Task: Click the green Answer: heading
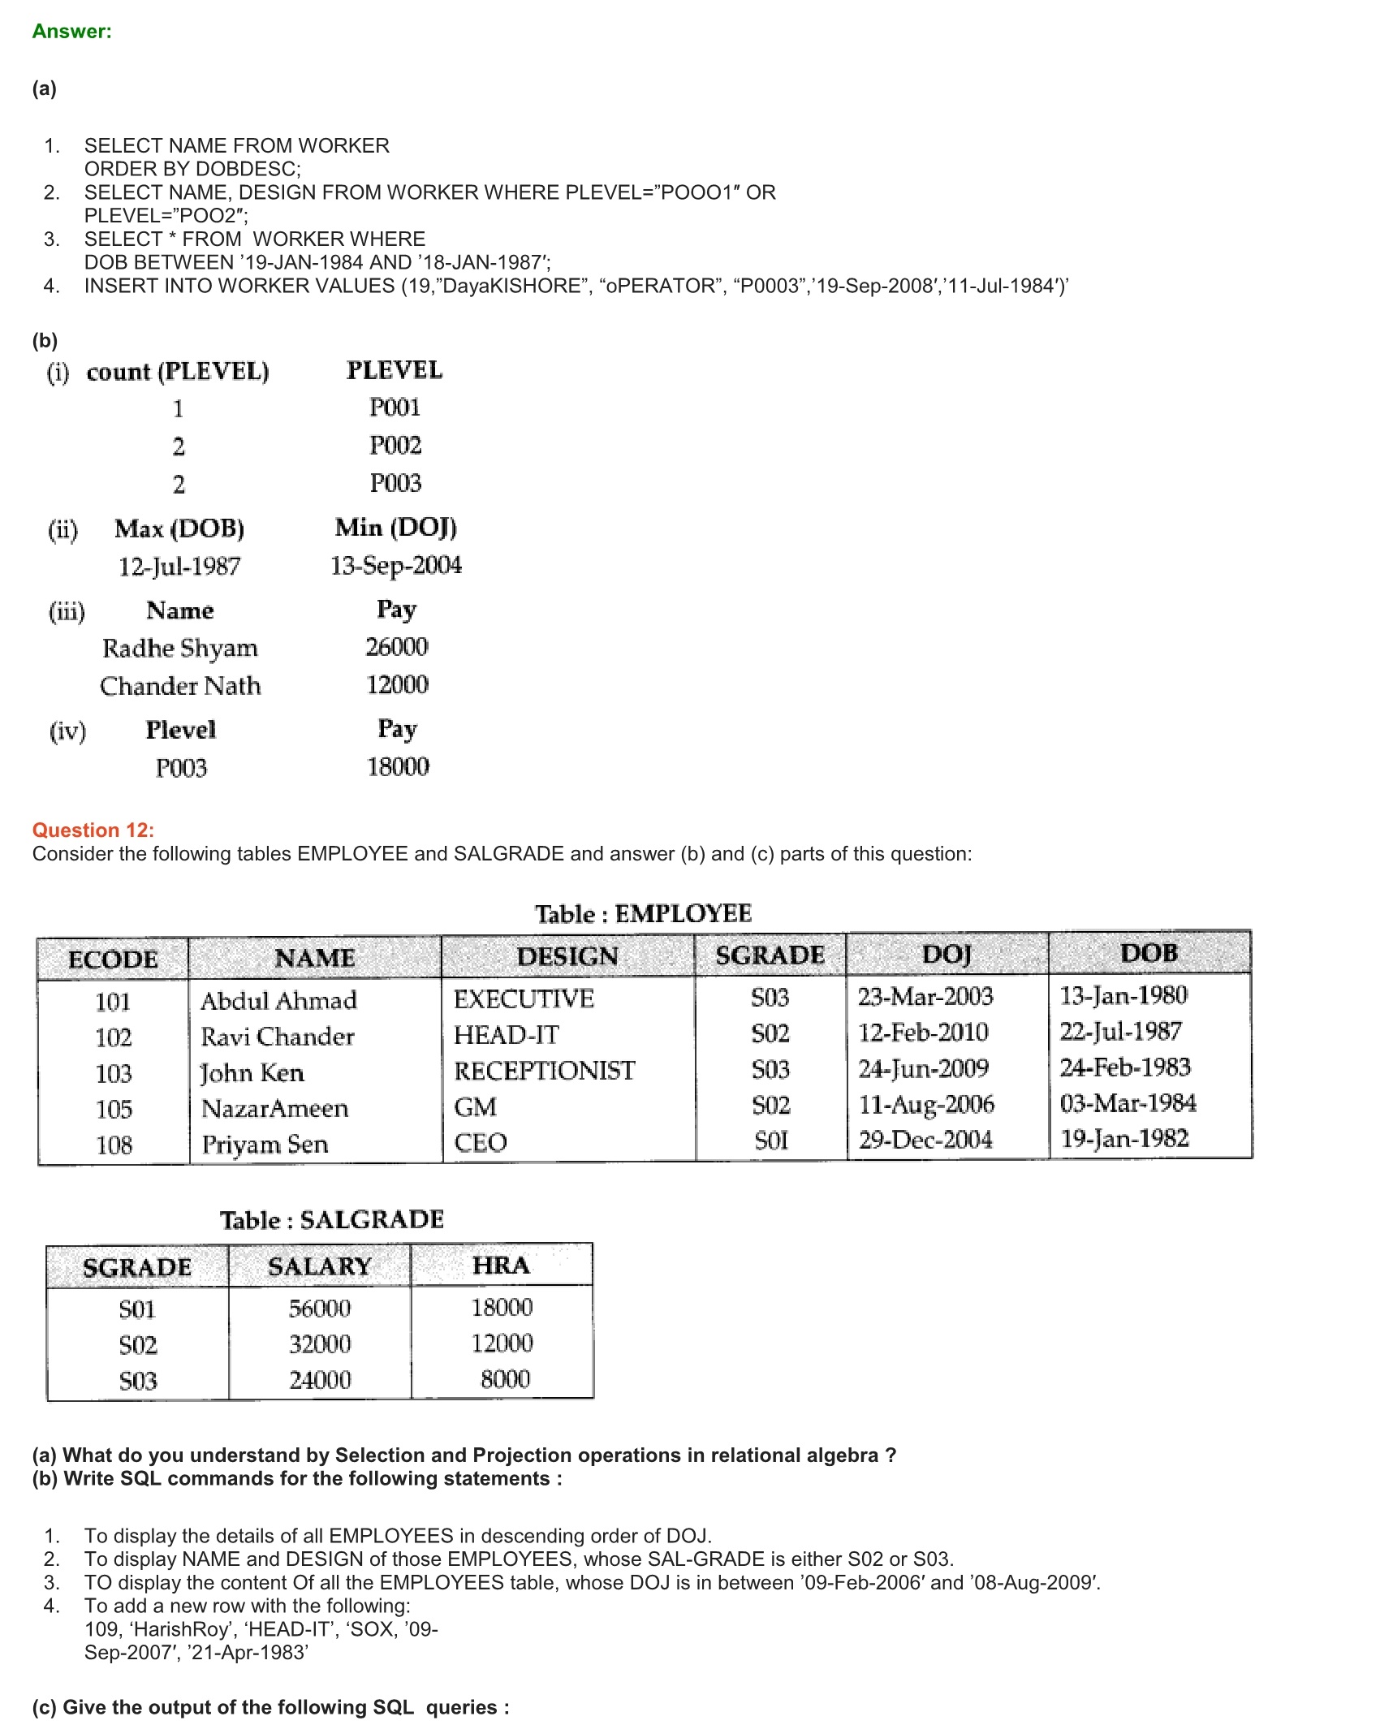[71, 32]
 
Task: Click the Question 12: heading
[93, 830]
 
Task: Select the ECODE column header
[113, 959]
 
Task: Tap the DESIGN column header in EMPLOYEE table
[567, 956]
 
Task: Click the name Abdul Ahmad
[278, 1000]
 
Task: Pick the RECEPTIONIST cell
[544, 1071]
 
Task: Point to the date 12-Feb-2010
[923, 1033]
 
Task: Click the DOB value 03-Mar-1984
[1128, 1103]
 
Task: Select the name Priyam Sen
[265, 1145]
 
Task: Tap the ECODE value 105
[114, 1109]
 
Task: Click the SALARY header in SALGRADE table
[319, 1266]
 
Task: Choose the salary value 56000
[320, 1308]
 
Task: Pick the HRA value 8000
[505, 1379]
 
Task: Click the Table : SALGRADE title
[331, 1219]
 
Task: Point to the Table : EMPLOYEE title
[643, 913]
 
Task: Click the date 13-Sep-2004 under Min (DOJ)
[396, 565]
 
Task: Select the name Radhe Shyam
[180, 648]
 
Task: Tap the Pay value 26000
[397, 647]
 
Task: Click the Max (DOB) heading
[179, 528]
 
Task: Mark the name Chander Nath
[180, 686]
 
